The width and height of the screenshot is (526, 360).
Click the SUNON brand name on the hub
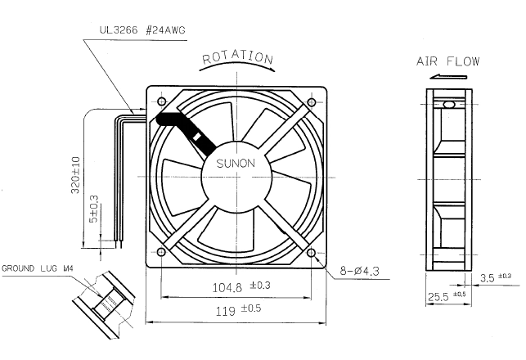click(236, 164)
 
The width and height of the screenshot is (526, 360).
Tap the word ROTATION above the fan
click(237, 57)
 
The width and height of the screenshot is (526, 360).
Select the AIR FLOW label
click(447, 61)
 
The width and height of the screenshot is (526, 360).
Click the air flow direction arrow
click(448, 77)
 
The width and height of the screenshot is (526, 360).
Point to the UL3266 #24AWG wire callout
click(142, 30)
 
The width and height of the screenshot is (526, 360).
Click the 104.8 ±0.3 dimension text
click(241, 286)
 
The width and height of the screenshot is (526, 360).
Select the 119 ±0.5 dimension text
click(238, 310)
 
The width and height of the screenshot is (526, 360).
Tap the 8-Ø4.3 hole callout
click(359, 271)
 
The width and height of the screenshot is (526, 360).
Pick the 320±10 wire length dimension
click(76, 175)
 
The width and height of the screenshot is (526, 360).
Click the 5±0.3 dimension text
click(94, 209)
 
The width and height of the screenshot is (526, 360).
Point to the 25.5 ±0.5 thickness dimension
click(447, 296)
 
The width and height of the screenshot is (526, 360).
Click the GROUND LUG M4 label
click(38, 268)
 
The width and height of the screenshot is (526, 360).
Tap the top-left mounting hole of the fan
click(162, 101)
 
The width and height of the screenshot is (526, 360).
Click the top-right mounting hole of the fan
click(312, 101)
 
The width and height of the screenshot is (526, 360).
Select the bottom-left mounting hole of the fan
click(161, 252)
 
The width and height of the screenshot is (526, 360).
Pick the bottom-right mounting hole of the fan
click(312, 252)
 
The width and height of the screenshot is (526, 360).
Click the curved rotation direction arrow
click(237, 64)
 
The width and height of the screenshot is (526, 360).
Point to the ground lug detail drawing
click(105, 304)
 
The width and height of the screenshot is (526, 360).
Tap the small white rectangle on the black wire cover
click(197, 136)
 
